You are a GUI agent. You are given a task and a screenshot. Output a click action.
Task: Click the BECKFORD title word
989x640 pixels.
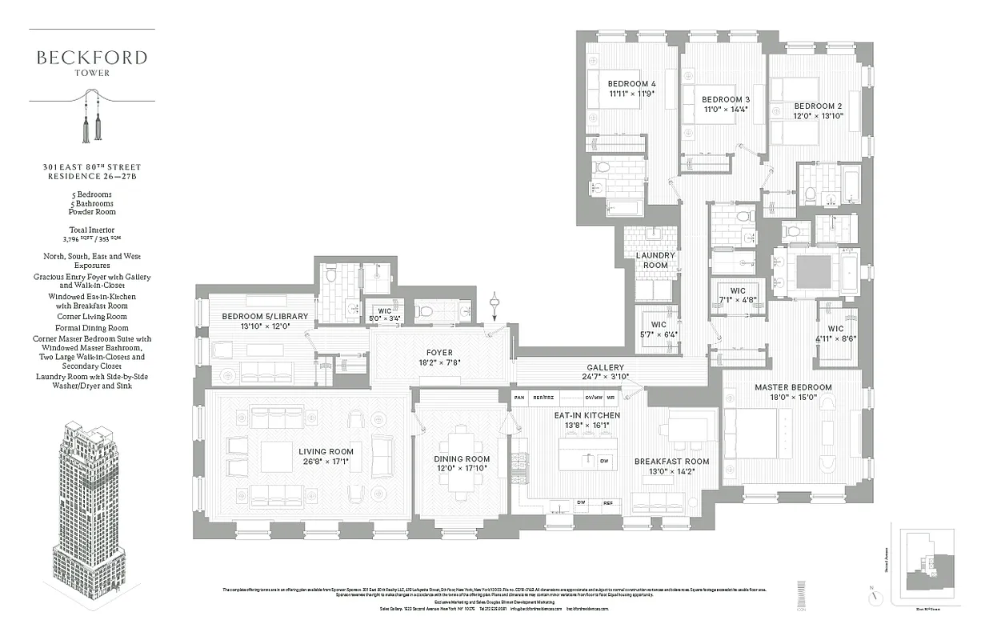(x=91, y=58)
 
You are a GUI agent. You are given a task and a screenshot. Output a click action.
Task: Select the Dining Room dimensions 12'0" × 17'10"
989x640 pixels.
(x=462, y=468)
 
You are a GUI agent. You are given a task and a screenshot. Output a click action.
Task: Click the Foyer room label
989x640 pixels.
(x=439, y=353)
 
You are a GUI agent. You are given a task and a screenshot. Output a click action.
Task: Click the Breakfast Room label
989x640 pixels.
(x=671, y=462)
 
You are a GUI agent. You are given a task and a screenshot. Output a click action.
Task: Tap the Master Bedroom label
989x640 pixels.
(x=793, y=387)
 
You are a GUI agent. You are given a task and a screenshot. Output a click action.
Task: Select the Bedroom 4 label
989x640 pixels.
(x=631, y=84)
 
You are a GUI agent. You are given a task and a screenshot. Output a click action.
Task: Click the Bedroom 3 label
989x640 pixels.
(x=727, y=99)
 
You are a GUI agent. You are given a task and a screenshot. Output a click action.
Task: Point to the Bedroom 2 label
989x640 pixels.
(x=818, y=106)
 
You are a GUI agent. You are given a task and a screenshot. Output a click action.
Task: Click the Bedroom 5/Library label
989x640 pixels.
(x=265, y=317)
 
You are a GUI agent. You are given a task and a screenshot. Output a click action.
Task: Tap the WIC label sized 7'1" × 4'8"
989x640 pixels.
(x=738, y=291)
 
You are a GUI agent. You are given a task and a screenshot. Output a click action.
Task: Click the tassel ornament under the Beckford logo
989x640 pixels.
(x=90, y=119)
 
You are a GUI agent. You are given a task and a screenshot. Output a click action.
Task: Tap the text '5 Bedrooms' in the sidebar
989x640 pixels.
(x=90, y=194)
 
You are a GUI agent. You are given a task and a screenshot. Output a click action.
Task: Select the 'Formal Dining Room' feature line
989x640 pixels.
(x=91, y=328)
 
